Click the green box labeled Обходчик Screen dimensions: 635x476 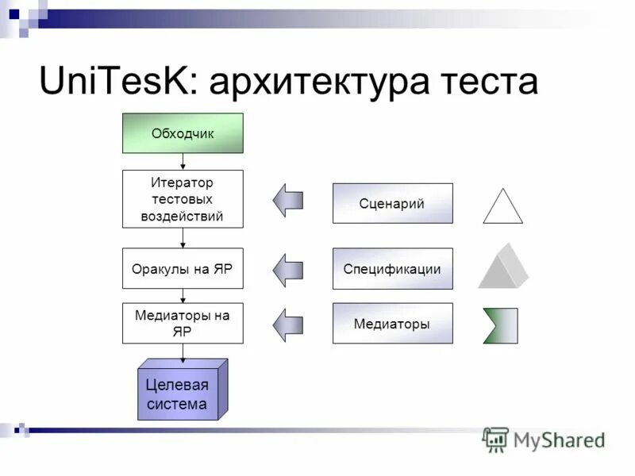pos(183,133)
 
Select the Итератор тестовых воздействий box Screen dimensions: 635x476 pos(183,199)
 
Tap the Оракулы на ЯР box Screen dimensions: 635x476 pos(183,269)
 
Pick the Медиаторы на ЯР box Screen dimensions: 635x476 pos(183,323)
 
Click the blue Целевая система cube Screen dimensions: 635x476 pos(179,393)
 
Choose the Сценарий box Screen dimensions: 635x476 pos(392,203)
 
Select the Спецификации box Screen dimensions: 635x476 pos(392,269)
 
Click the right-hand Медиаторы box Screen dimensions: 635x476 pos(392,323)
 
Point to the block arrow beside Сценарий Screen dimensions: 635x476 pos(287,200)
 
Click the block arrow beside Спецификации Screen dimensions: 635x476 pos(287,270)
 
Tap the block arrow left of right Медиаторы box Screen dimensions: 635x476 pos(287,324)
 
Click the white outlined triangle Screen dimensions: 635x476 pos(502,208)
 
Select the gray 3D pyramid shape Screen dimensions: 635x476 pos(503,267)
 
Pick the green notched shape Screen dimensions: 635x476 pos(501,325)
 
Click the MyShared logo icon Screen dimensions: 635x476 pos(495,439)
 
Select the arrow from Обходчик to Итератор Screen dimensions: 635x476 pos(183,162)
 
